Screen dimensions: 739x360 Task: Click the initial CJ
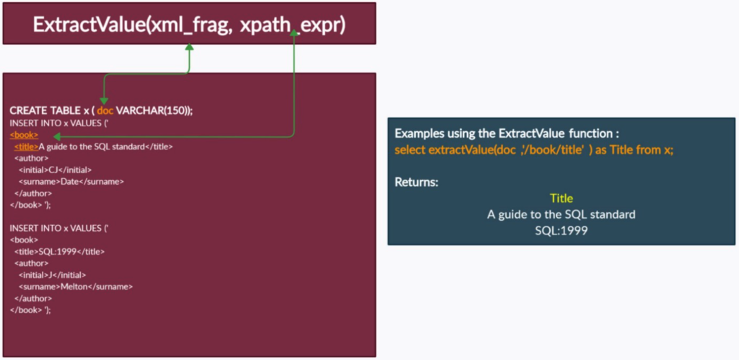coord(53,170)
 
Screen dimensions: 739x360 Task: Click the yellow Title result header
coord(561,198)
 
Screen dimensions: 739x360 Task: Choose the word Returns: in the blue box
coord(416,182)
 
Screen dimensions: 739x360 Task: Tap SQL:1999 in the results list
coord(561,232)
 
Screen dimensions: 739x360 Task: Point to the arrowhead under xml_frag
coord(190,47)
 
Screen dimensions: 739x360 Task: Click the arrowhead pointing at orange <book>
coord(56,136)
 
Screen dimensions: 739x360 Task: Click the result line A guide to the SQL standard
coord(561,215)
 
